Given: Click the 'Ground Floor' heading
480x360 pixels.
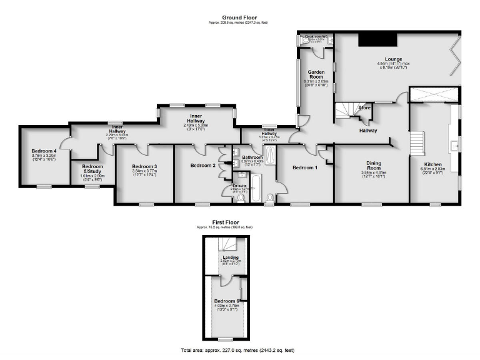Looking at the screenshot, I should [240, 17].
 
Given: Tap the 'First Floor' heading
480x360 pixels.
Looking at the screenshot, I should [226, 222].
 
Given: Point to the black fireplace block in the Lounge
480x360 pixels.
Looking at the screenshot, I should [377, 40].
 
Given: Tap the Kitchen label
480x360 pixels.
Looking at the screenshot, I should [433, 165].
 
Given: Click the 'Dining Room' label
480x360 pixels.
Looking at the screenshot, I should [373, 165].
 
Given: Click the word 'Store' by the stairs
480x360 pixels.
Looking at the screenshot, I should [365, 108].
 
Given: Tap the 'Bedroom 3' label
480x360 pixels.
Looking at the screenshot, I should [144, 166].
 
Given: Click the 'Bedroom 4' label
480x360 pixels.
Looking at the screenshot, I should [44, 151].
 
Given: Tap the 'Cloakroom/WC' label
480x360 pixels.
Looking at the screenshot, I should [316, 37].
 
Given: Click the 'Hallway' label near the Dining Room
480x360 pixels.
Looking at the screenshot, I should [368, 131].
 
